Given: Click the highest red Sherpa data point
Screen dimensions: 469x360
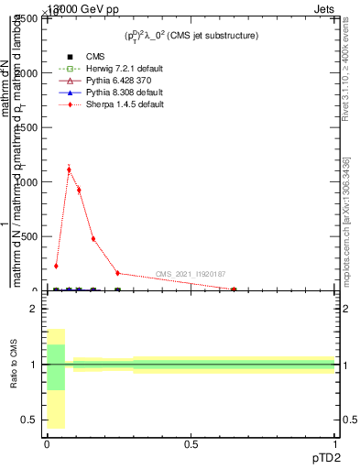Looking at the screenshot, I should (x=69, y=169).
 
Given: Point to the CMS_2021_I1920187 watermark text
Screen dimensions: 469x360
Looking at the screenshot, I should (x=191, y=274).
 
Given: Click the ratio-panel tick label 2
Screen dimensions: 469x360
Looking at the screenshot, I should (x=33, y=310).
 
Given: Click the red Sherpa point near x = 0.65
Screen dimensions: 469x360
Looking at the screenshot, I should (x=234, y=289).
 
